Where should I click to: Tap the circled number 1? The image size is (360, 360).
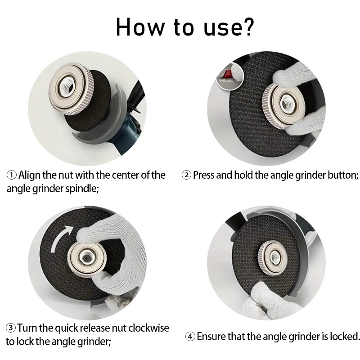[x=12, y=175]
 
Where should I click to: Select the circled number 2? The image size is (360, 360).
[x=186, y=175]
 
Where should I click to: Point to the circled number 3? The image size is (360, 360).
[x=10, y=328]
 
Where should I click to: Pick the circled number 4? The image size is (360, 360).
[x=190, y=337]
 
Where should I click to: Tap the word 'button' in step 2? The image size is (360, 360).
[x=342, y=175]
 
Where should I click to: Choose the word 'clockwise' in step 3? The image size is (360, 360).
[x=149, y=328]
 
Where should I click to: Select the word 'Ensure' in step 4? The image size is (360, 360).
[x=211, y=337]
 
